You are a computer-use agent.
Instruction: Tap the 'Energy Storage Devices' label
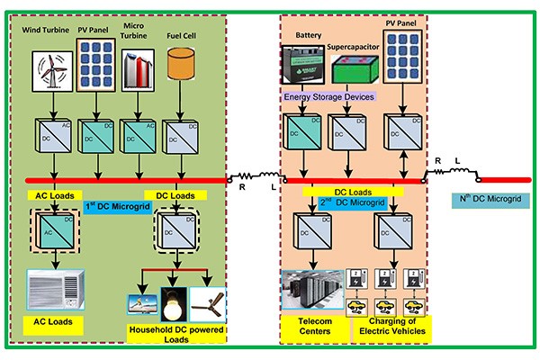coord(329,95)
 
